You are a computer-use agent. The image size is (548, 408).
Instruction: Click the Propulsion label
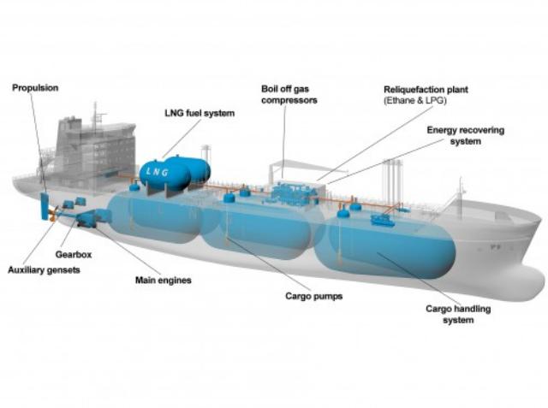click(x=35, y=88)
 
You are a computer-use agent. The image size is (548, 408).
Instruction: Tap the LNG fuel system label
click(x=200, y=114)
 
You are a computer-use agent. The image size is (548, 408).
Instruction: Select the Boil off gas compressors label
click(x=289, y=95)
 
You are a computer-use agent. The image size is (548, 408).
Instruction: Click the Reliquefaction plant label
click(x=426, y=90)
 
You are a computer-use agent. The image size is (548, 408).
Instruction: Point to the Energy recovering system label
click(x=466, y=136)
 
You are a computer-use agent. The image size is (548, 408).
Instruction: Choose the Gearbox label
click(x=74, y=254)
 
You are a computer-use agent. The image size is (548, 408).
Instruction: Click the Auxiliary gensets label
click(x=44, y=269)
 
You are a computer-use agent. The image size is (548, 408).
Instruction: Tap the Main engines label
click(x=164, y=281)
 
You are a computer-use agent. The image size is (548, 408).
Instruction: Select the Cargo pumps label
click(x=314, y=296)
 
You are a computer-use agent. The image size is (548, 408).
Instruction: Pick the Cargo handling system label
click(x=458, y=315)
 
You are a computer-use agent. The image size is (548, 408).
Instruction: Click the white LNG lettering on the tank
click(x=158, y=171)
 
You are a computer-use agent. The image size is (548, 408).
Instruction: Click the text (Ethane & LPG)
click(x=415, y=101)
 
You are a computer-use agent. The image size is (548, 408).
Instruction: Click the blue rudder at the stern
click(x=45, y=206)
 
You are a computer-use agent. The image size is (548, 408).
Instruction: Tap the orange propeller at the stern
click(x=53, y=214)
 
